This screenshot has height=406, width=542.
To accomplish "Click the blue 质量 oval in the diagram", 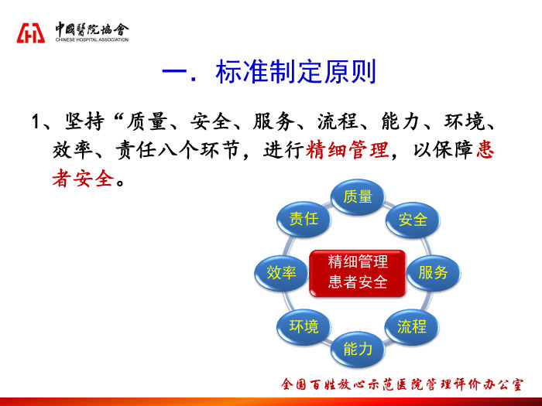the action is (x=358, y=197).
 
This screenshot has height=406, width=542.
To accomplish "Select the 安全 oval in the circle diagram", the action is (x=413, y=220).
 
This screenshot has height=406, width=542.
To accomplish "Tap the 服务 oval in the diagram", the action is (x=434, y=273).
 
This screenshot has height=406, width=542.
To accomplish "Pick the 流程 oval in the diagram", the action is (x=412, y=326).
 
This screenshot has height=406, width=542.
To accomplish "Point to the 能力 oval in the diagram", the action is (x=358, y=350).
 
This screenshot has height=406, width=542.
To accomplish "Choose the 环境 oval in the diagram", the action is (x=304, y=326).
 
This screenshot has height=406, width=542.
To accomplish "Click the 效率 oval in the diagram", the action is (x=281, y=273).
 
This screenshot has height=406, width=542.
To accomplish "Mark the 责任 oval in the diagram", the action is (x=304, y=219).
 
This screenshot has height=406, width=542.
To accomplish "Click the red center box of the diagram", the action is (x=358, y=273).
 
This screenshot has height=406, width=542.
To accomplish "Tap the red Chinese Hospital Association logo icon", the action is (x=31, y=33).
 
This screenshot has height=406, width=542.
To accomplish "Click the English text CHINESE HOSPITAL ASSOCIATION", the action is (x=92, y=39).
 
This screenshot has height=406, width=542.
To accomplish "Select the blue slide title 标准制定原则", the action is (x=296, y=72).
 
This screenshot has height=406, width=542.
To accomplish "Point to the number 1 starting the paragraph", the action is (x=36, y=121).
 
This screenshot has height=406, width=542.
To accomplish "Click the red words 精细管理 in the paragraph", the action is (x=347, y=150).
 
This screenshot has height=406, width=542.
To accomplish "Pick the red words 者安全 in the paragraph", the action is (x=84, y=179).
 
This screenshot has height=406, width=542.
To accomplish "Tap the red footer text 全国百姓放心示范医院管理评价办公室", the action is (x=402, y=384).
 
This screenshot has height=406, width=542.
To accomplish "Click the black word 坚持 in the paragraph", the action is (x=84, y=121).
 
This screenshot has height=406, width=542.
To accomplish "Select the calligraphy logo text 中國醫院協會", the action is (x=92, y=29).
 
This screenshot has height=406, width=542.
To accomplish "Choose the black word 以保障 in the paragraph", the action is (x=444, y=150).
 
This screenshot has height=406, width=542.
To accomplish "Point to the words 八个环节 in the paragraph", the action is (x=199, y=150).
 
